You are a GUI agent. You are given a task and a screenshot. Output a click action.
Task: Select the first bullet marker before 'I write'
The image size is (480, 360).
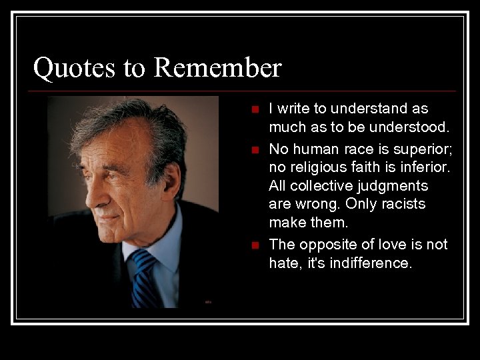253,109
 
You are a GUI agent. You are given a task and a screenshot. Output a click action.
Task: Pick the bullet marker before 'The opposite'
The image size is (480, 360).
253,246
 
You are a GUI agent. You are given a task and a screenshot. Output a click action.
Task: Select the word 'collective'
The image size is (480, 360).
319,186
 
